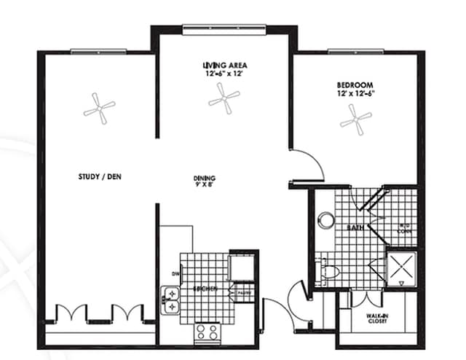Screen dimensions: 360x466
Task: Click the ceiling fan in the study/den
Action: click(99, 109)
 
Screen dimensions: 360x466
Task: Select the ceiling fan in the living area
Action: click(224, 97)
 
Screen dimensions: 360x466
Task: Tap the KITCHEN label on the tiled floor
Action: click(205, 289)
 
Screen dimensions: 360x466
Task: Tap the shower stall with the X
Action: click(401, 267)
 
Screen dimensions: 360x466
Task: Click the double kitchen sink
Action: click(170, 300)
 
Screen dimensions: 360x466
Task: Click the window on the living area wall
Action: click(224, 29)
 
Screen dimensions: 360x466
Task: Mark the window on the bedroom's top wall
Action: click(355, 50)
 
